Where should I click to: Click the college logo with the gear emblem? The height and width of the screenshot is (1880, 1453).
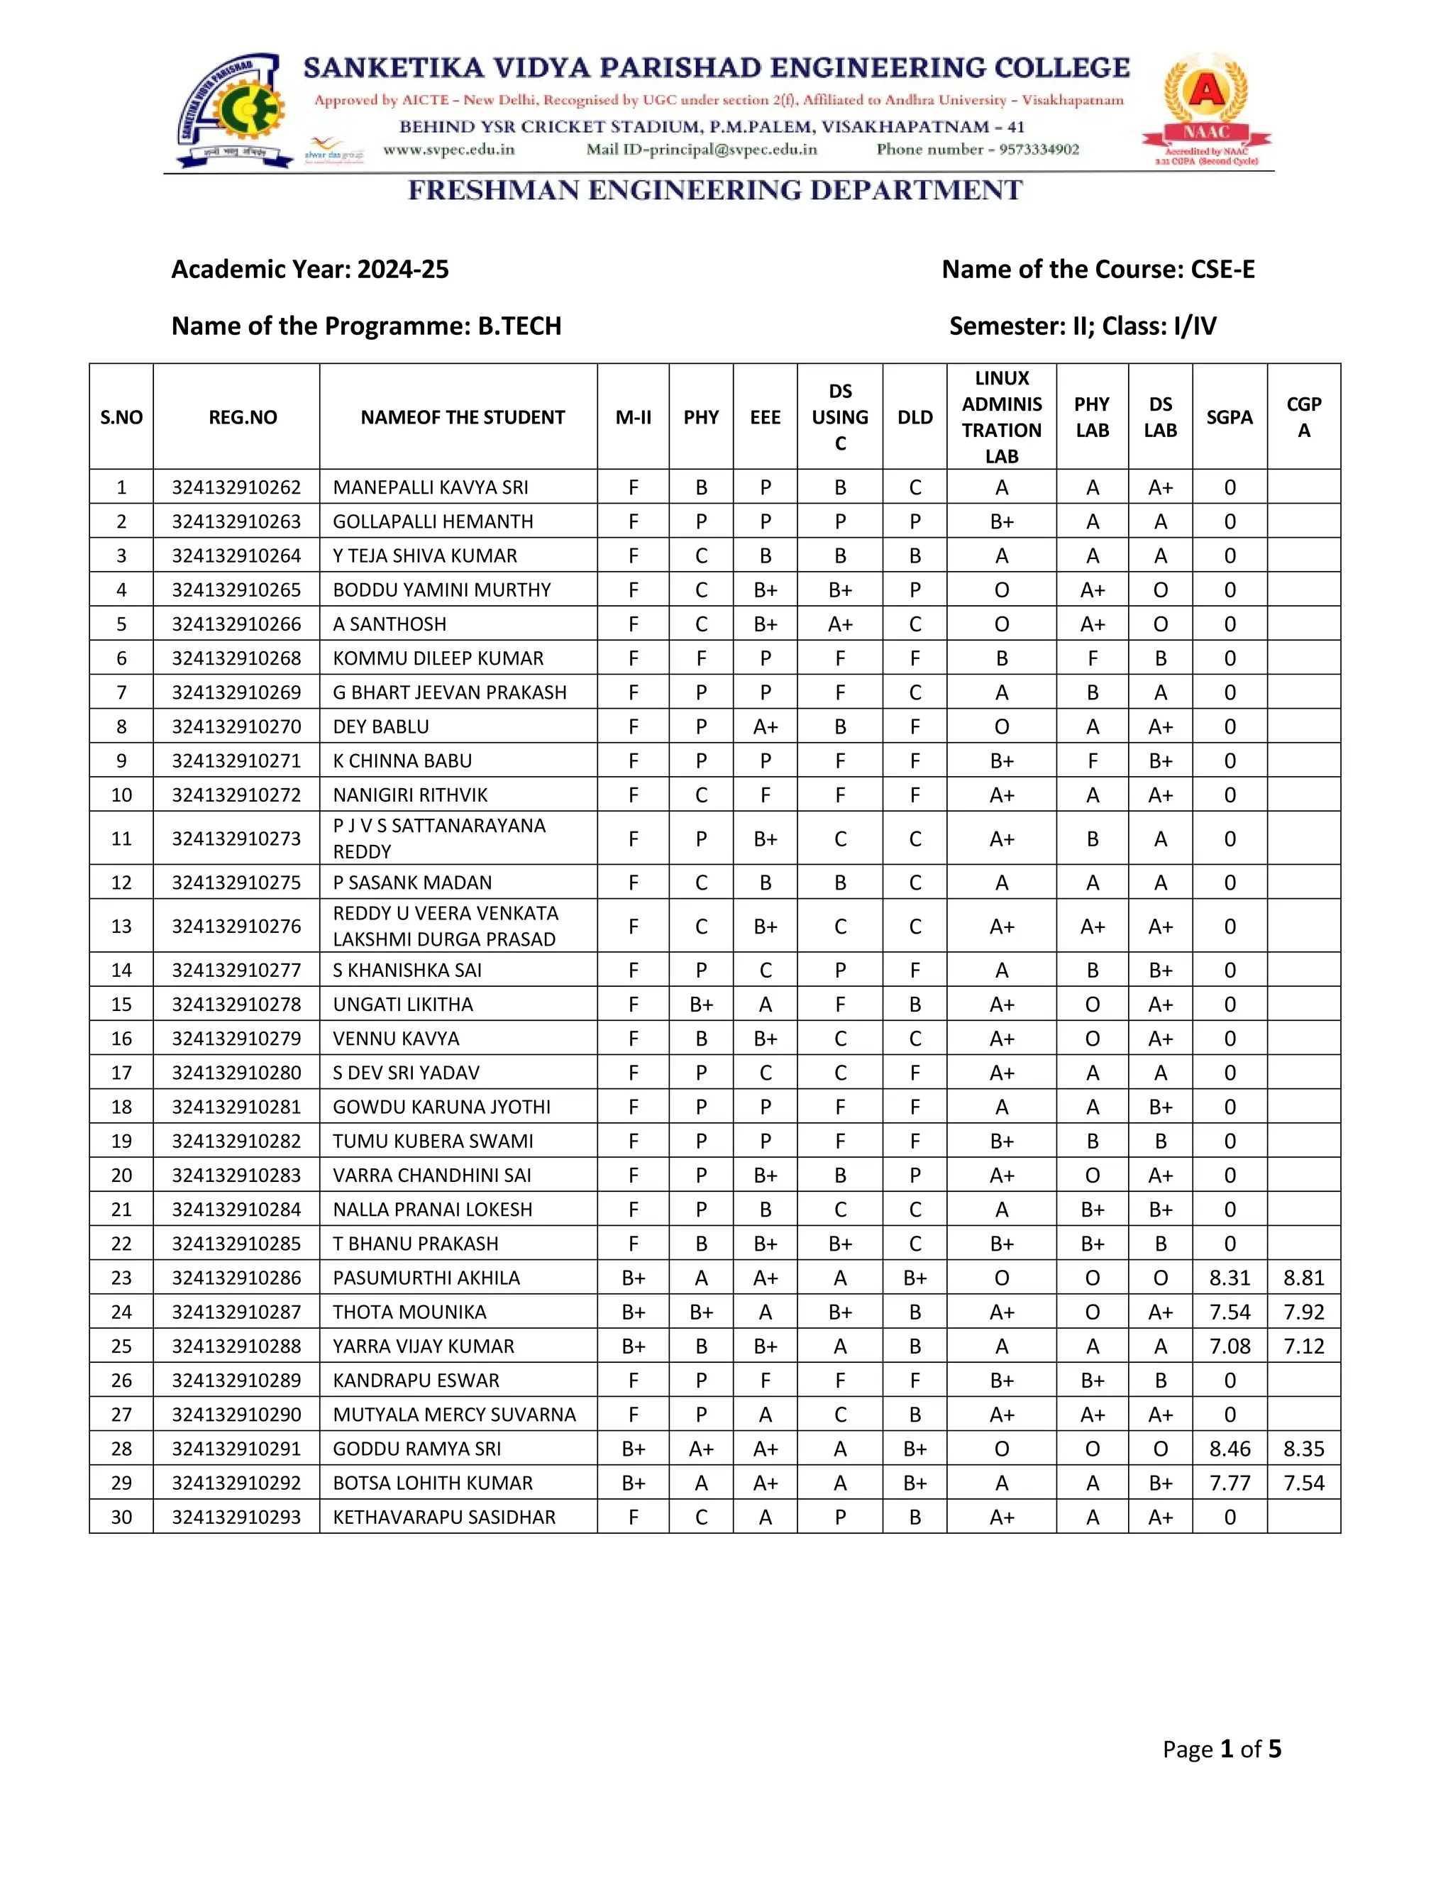coord(233,109)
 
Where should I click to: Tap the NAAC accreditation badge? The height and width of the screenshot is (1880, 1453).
coord(1206,109)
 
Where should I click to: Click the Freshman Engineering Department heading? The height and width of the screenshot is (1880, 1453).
coord(714,190)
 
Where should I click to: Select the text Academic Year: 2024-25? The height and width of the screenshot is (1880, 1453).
coord(310,270)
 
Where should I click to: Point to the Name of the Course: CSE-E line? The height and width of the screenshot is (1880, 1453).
coord(1098,270)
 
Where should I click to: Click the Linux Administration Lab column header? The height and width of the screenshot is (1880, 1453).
coord(1001,417)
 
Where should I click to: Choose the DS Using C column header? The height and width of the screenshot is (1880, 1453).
coord(839,417)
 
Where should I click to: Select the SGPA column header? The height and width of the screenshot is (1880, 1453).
coord(1230,417)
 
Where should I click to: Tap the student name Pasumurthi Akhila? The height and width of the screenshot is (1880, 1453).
coord(426,1278)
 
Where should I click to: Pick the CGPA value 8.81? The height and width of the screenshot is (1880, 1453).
coord(1303,1278)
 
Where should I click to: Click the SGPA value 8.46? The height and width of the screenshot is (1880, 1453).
coord(1230,1449)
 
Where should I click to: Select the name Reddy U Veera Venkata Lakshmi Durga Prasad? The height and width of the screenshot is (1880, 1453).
coord(445,927)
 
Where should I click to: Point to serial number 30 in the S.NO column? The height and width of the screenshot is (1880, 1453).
coord(121,1517)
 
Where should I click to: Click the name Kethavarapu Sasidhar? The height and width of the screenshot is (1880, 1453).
coord(444,1517)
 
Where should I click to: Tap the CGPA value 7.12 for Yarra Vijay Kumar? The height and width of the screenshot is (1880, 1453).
coord(1303,1347)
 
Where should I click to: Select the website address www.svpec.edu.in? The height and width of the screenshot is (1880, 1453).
coord(448,150)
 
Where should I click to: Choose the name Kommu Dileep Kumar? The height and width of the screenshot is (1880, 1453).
coord(438,658)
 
